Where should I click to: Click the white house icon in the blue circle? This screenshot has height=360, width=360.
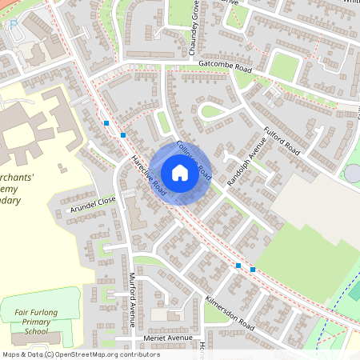click(179, 172)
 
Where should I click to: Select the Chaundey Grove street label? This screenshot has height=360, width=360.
click(194, 29)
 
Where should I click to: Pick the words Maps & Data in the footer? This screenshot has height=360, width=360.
click(22, 354)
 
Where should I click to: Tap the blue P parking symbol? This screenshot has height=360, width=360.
click(14, 26)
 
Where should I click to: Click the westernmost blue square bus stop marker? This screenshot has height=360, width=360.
click(106, 123)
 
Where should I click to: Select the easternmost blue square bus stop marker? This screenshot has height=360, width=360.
click(253, 270)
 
